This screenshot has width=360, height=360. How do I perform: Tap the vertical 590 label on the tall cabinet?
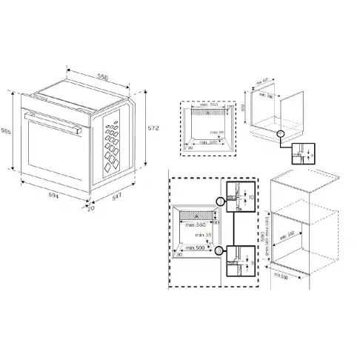tap(265, 237)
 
